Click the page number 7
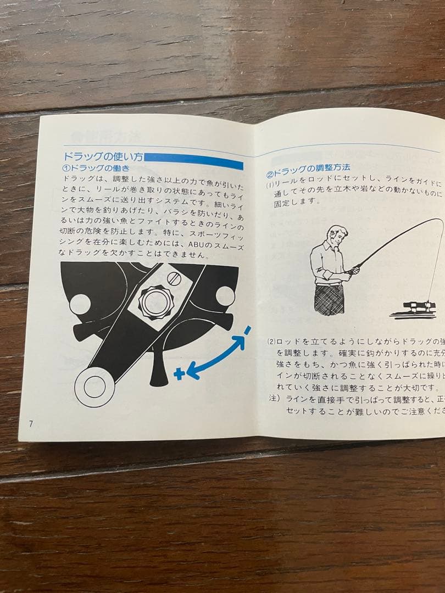(31, 423)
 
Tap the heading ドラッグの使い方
(103, 157)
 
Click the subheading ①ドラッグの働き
(97, 169)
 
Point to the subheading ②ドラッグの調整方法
(308, 167)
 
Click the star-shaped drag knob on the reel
(155, 301)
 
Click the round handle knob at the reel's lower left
(94, 387)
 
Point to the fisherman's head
(336, 237)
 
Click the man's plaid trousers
(330, 299)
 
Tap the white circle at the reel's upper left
(80, 304)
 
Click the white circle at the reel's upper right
(225, 296)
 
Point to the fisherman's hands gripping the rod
(353, 270)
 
